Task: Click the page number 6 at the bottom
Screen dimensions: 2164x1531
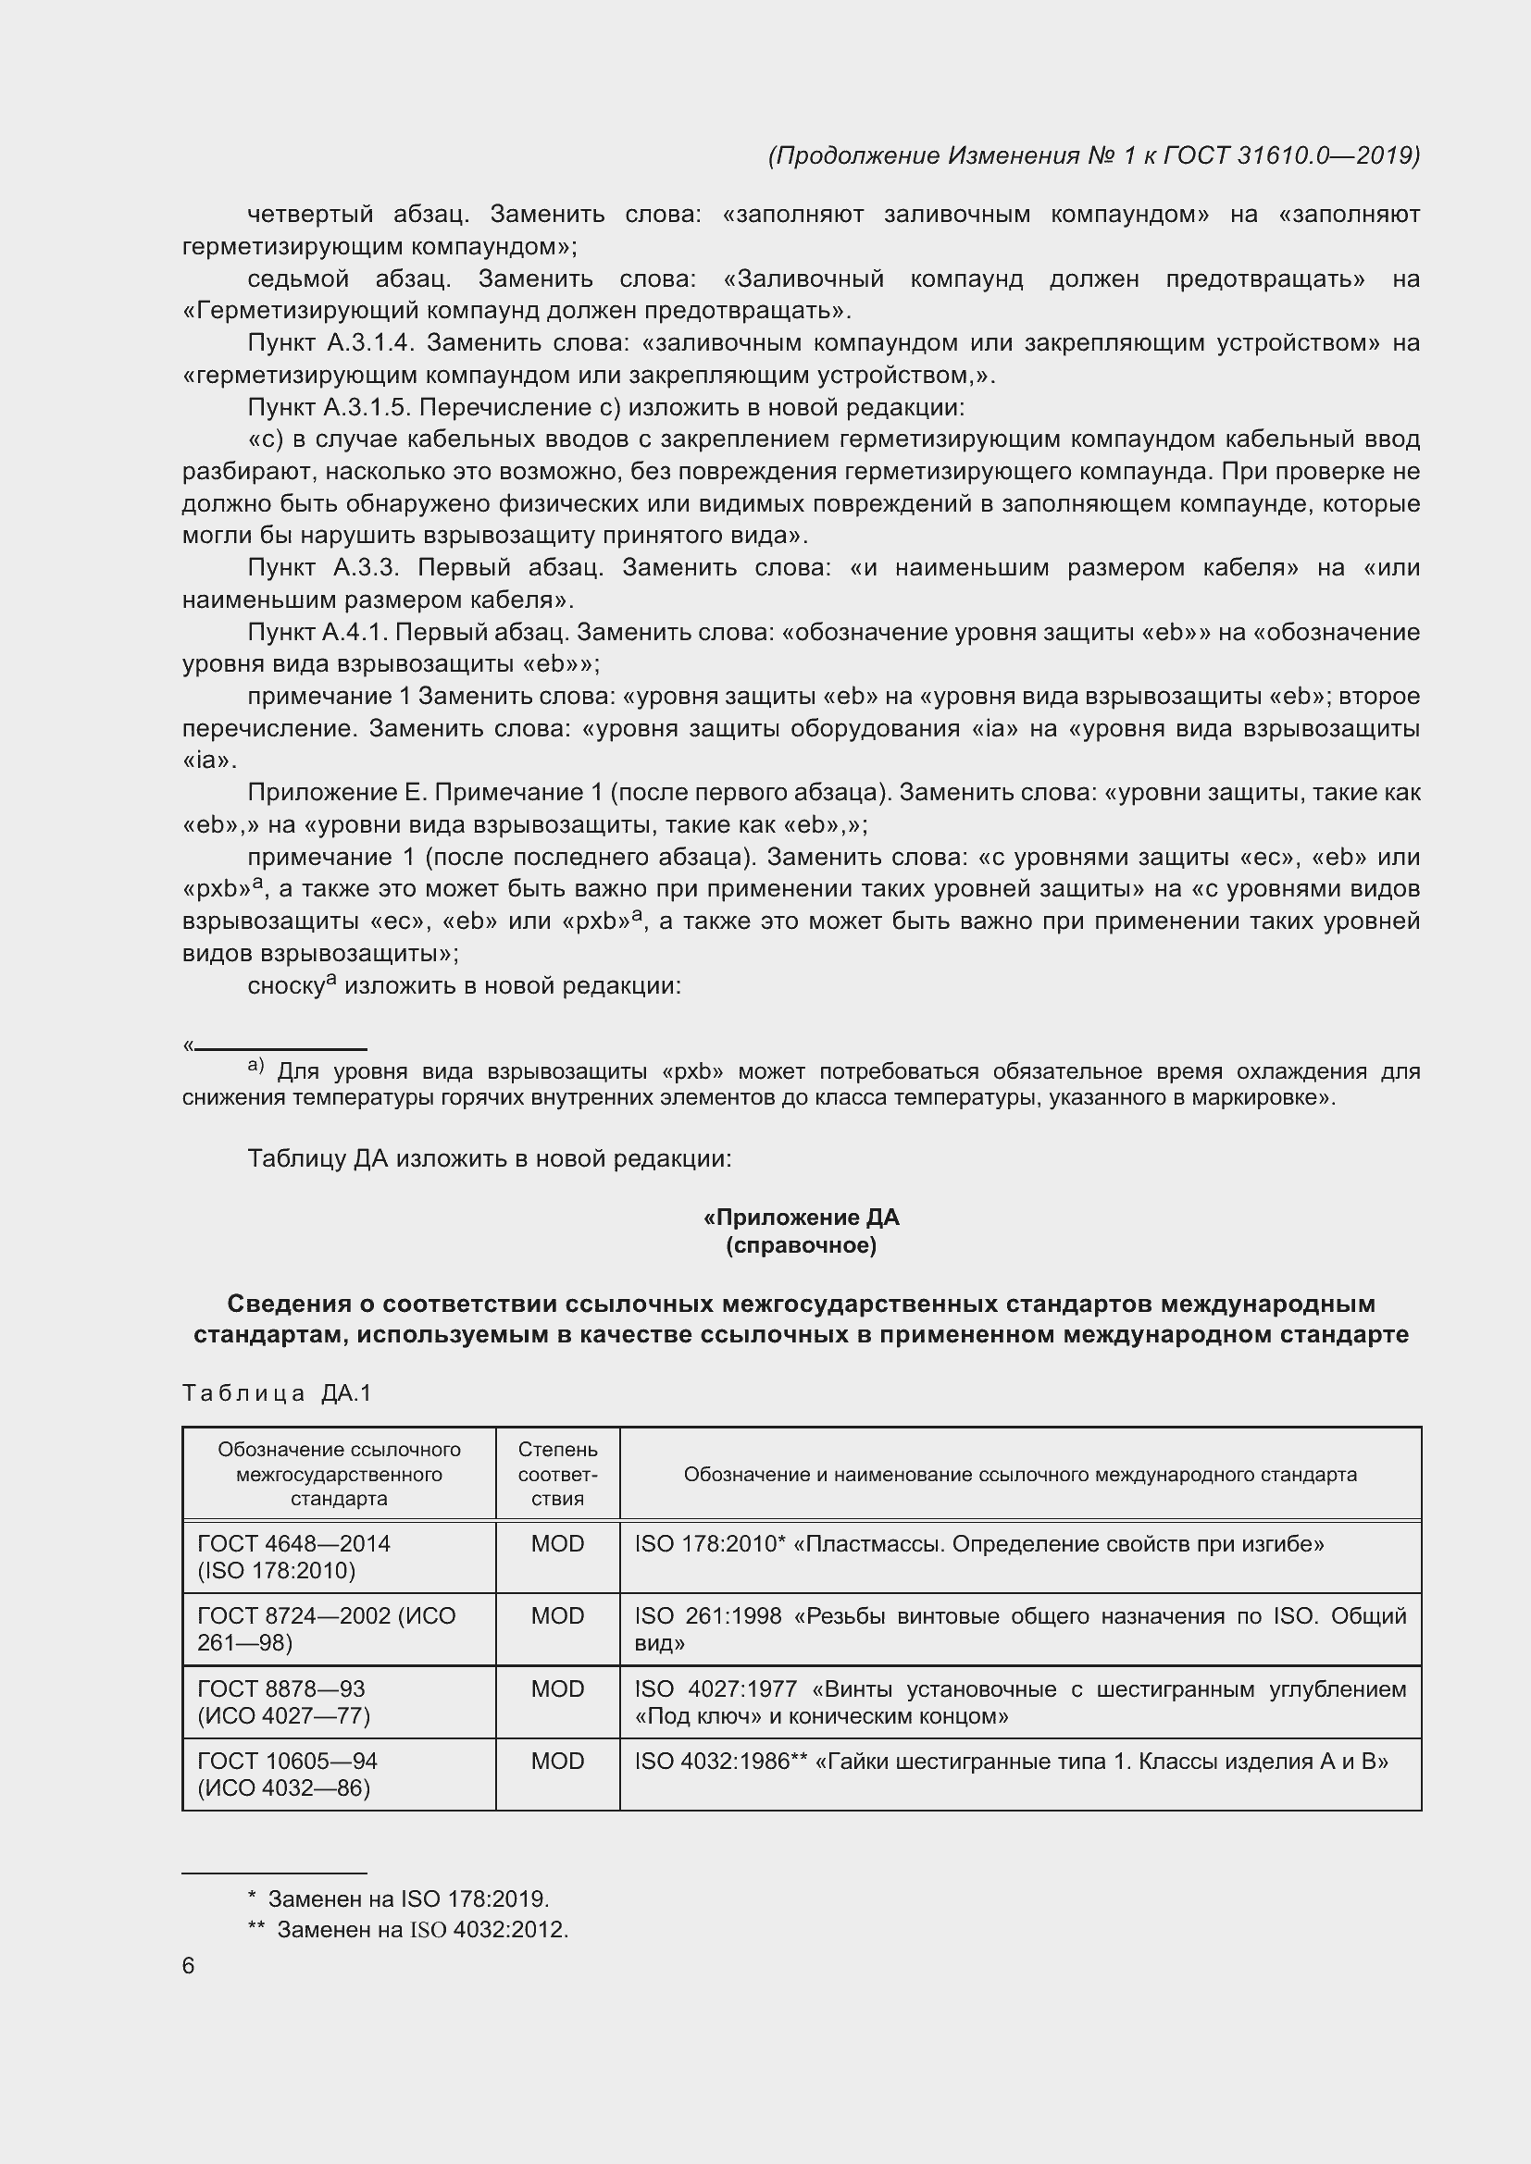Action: click(189, 1965)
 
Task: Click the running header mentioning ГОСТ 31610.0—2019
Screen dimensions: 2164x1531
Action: click(1093, 155)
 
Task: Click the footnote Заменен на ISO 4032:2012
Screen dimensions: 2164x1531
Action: click(421, 1929)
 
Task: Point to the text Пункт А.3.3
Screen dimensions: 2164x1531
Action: click(323, 567)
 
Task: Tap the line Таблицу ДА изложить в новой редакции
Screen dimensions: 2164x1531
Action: click(490, 1158)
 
